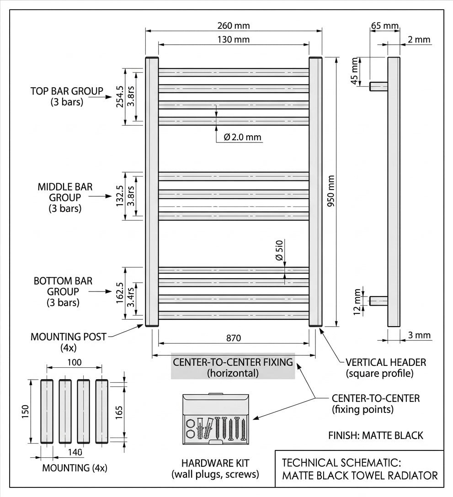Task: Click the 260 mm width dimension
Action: pyautogui.click(x=234, y=26)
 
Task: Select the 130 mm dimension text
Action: pyautogui.click(x=234, y=40)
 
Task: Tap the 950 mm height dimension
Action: pyautogui.click(x=331, y=191)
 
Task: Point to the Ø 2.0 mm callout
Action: pyautogui.click(x=242, y=137)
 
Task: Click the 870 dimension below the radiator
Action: pyautogui.click(x=234, y=338)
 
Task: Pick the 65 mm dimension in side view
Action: pyautogui.click(x=384, y=26)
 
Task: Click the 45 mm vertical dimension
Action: pyautogui.click(x=355, y=71)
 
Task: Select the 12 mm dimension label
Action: pyautogui.click(x=357, y=302)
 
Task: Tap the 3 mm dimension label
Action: pyautogui.click(x=419, y=335)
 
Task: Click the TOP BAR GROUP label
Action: pyautogui.click(x=67, y=96)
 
